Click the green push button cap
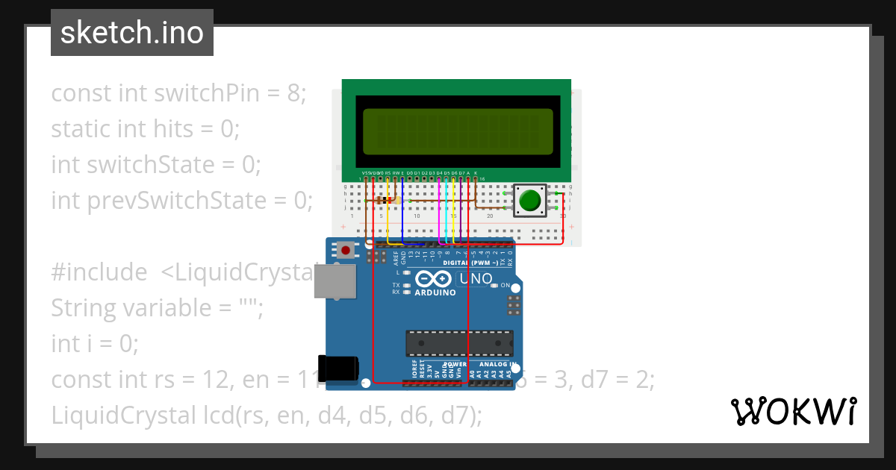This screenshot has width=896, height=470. pos(529,201)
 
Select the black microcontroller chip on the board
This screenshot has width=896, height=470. pos(458,342)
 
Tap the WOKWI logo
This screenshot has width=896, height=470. pos(793,411)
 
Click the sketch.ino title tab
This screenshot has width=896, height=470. pos(132,33)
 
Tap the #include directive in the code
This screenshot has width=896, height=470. pos(99,272)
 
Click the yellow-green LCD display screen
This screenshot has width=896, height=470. pos(458,131)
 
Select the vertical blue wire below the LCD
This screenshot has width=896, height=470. pos(402,210)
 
